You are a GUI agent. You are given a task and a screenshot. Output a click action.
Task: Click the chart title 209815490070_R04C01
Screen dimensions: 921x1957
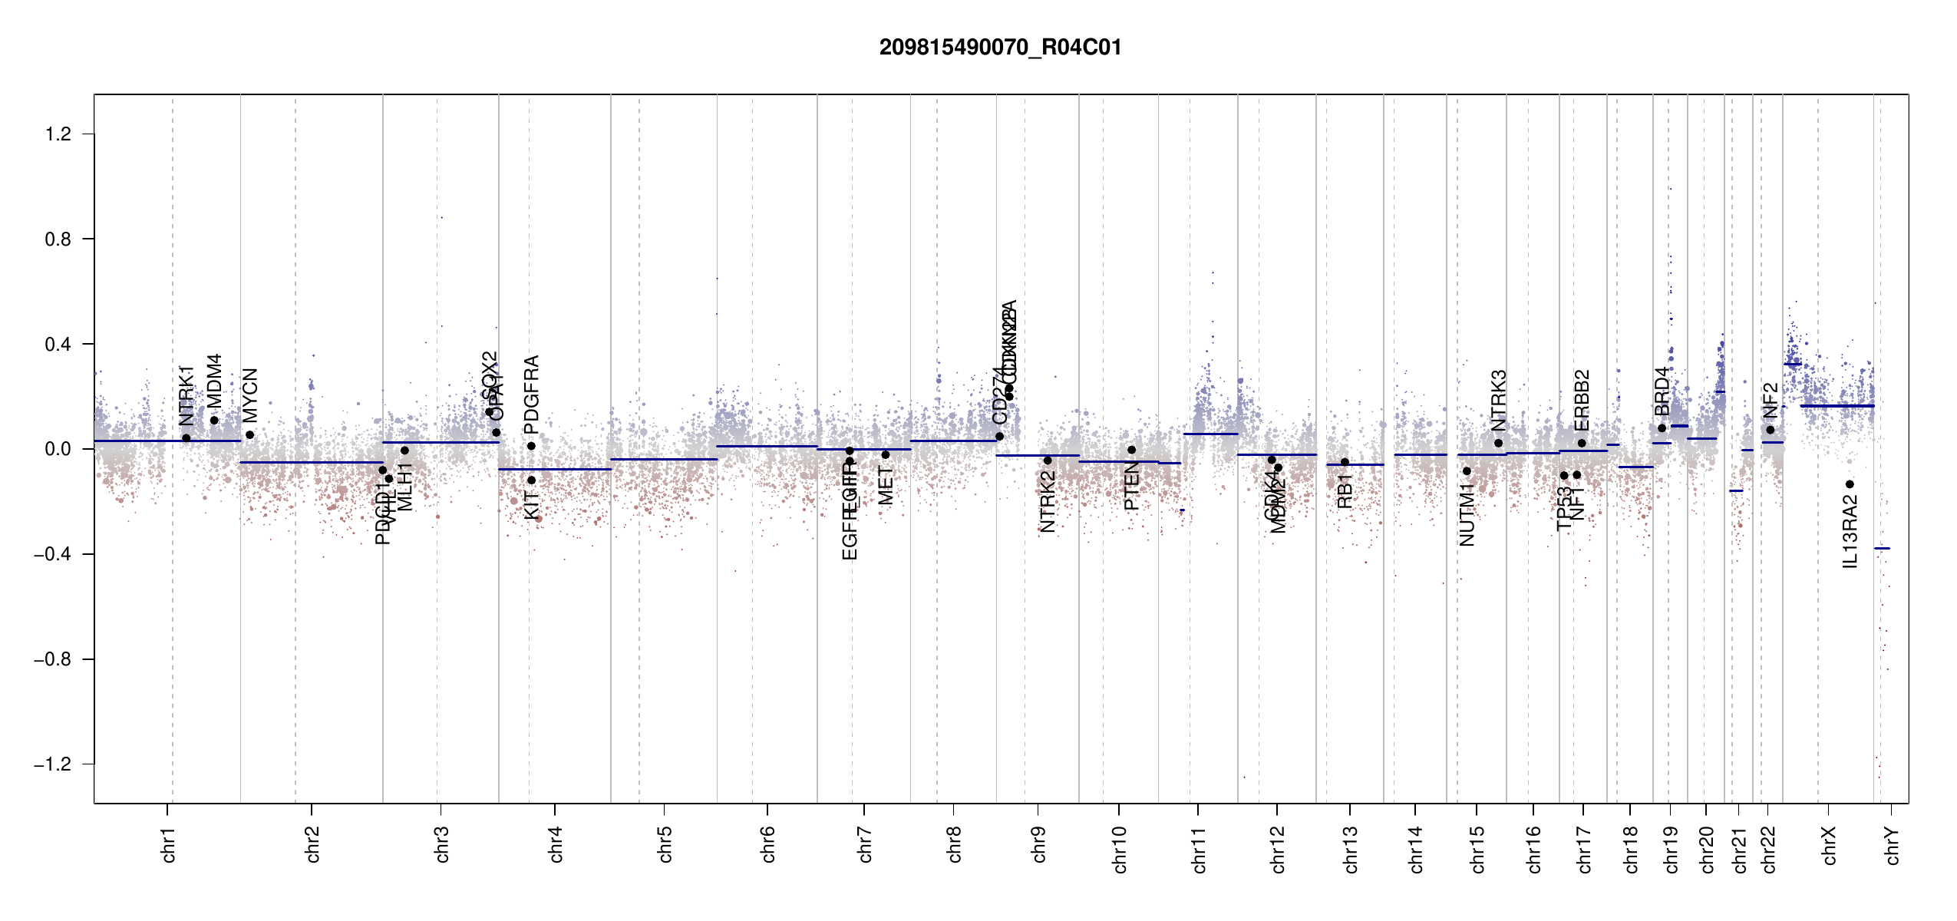coord(1000,48)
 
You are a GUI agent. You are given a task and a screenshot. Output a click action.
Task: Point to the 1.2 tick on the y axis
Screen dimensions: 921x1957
coord(58,134)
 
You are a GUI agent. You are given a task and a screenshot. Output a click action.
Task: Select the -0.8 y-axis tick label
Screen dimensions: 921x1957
coord(52,659)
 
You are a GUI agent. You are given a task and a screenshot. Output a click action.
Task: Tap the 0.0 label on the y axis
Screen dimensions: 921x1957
coord(58,449)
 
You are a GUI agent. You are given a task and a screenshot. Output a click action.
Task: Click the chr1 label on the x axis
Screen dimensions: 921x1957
coord(169,844)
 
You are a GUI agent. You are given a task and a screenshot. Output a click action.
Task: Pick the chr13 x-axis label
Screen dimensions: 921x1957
coord(1351,849)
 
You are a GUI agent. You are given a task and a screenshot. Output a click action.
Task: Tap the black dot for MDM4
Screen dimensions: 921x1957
coord(214,421)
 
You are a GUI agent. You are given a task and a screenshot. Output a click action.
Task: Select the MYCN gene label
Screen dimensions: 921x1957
coord(250,395)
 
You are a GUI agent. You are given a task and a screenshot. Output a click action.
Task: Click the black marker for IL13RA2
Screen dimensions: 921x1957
coord(1850,484)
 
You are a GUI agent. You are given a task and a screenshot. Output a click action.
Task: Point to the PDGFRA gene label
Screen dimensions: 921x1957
coord(531,394)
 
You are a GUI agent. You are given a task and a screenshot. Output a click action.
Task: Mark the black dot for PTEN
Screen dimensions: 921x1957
coord(1131,450)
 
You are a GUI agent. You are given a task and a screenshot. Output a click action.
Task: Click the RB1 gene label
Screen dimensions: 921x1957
coord(1345,491)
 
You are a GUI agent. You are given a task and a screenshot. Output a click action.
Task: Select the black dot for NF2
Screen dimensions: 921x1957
coord(1770,430)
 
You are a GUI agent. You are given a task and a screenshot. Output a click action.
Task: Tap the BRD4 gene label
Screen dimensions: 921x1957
coord(1662,391)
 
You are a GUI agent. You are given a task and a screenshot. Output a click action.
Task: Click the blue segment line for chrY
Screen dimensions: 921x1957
coord(1882,548)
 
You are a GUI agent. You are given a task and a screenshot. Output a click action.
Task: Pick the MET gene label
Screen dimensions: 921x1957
coord(886,486)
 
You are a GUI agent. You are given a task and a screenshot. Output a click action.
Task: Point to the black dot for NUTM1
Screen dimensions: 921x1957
coord(1467,471)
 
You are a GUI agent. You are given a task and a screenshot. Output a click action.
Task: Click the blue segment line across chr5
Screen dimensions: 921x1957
coord(664,459)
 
